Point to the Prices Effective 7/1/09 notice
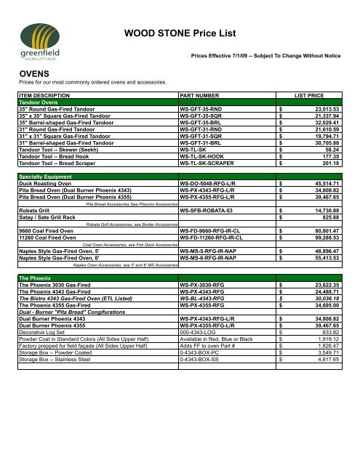(x=265, y=55)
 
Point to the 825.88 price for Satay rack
(x=329, y=218)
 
